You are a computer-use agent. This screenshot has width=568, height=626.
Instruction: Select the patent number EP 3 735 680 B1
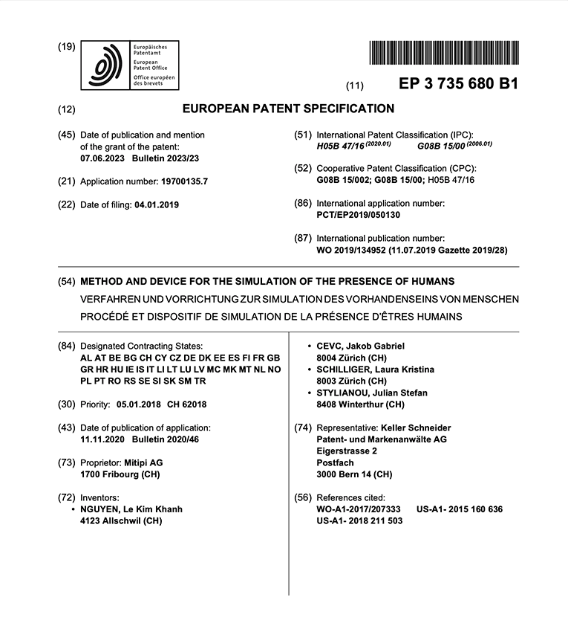[x=458, y=84]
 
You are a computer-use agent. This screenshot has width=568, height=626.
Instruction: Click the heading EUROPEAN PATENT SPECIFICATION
[x=288, y=109]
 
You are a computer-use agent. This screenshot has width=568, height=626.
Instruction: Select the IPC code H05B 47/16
[x=342, y=147]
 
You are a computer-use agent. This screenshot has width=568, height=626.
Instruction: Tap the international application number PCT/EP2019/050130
[x=359, y=214]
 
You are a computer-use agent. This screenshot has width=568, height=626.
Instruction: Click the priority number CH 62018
[x=186, y=405]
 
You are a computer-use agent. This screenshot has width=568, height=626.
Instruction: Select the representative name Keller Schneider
[x=415, y=427]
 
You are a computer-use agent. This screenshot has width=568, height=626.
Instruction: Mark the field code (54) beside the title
[x=66, y=282]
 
